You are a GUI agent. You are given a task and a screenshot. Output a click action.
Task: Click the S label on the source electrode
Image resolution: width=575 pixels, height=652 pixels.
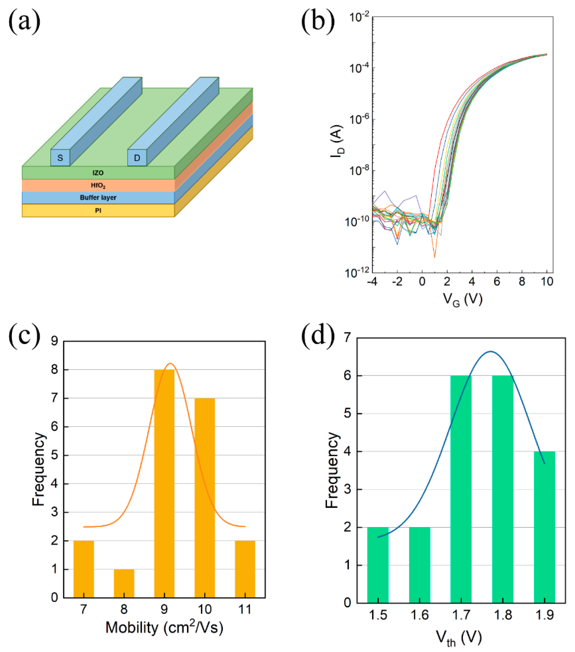tap(60, 158)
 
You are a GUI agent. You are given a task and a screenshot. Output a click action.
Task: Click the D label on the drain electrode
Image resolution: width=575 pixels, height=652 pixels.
tap(137, 158)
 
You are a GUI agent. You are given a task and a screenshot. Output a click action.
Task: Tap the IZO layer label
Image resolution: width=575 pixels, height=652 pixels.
tap(98, 173)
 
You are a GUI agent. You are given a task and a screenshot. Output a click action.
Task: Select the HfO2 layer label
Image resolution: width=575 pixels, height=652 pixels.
tap(98, 185)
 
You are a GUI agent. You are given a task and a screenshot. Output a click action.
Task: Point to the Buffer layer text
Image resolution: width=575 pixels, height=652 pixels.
tap(98, 197)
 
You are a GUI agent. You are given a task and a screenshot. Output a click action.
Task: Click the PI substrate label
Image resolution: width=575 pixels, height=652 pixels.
tap(98, 211)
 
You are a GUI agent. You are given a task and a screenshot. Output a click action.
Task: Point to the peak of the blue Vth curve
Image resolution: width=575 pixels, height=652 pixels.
tap(490, 352)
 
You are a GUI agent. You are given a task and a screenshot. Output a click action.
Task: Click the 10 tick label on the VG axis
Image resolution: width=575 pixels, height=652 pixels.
tap(547, 282)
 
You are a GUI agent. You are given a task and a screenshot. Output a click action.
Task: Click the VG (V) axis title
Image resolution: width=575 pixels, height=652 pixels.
tap(462, 300)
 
